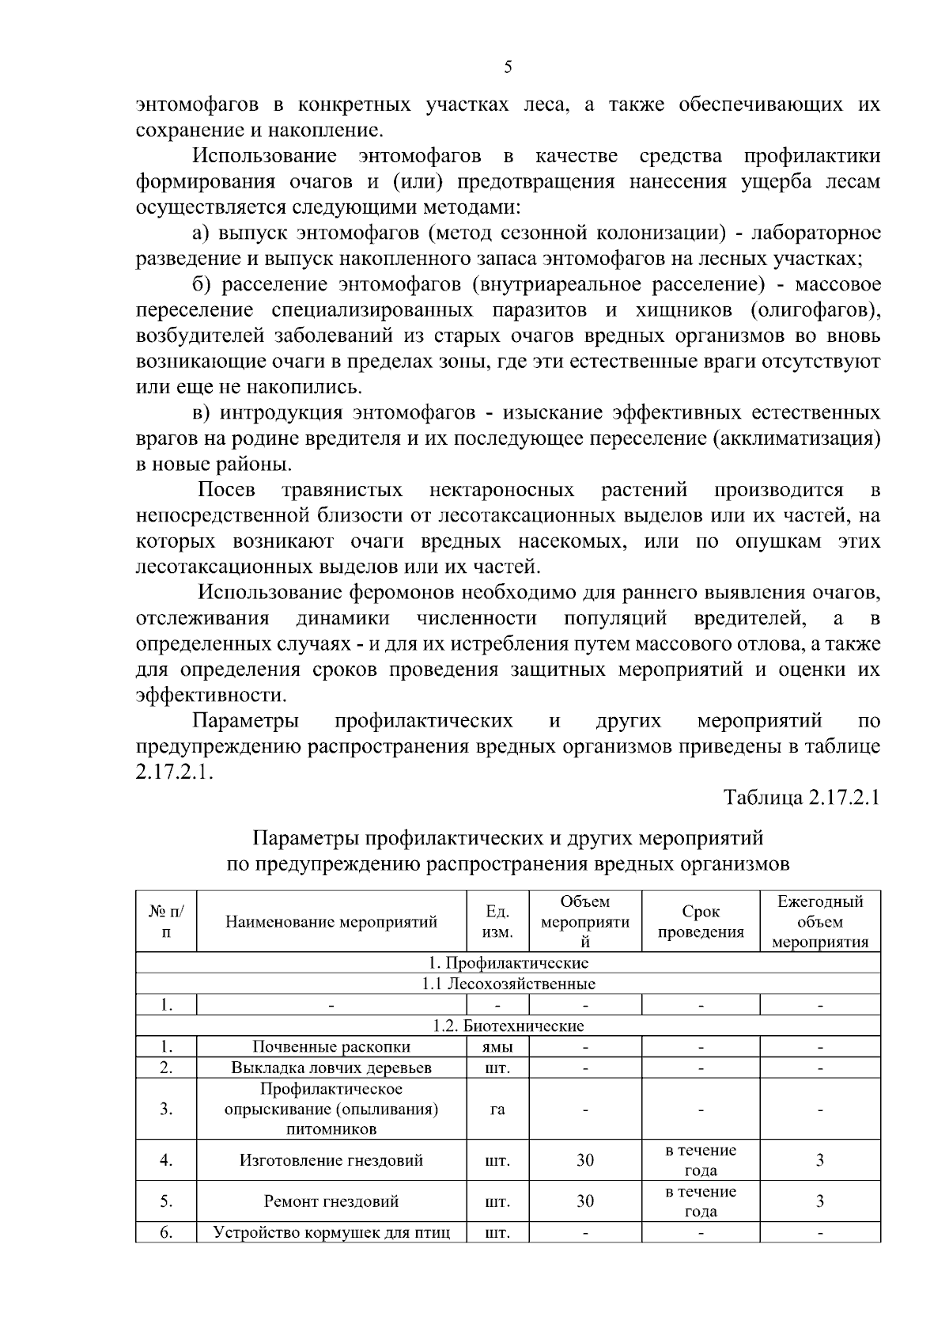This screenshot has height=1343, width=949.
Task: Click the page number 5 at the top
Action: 508,67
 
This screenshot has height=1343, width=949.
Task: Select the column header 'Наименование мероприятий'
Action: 331,922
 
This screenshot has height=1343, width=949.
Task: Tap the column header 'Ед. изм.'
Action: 497,922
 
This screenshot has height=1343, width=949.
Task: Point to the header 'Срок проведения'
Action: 701,922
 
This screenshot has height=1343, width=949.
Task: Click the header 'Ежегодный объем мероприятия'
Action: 820,922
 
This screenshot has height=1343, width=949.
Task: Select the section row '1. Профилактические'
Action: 508,963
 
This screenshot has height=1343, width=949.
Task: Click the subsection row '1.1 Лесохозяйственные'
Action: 508,984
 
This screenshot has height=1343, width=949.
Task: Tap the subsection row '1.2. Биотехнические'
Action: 508,1026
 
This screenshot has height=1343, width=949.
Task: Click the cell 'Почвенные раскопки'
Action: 331,1047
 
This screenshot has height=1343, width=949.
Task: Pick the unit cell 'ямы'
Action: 497,1047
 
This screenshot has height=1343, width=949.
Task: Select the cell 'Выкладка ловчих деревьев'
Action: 331,1068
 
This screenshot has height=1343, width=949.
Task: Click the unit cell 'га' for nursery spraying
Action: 497,1109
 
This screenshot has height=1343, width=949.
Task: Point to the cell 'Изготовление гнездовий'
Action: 331,1160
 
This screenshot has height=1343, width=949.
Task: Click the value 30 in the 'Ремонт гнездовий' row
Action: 585,1201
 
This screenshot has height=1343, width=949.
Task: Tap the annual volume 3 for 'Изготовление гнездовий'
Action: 820,1160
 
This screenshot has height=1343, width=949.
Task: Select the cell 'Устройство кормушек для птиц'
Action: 331,1232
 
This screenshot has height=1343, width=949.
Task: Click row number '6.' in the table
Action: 166,1232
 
